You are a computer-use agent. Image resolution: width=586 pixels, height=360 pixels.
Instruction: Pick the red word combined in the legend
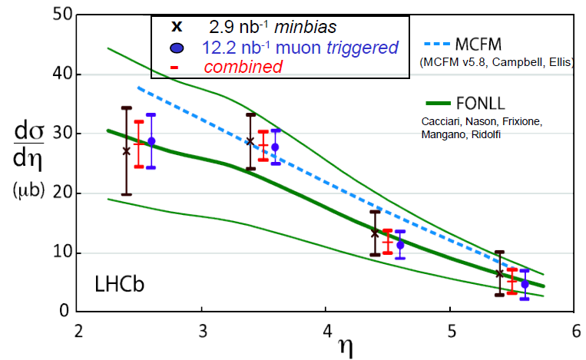pyautogui.click(x=243, y=67)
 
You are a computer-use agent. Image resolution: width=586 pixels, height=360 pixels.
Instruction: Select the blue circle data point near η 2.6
pyautogui.click(x=151, y=141)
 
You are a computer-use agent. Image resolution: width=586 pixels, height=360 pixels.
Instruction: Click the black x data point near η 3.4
pyautogui.click(x=250, y=141)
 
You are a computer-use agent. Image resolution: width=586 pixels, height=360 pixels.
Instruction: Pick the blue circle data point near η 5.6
pyautogui.click(x=525, y=284)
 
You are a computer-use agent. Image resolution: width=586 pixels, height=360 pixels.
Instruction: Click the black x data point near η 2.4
pyautogui.click(x=127, y=151)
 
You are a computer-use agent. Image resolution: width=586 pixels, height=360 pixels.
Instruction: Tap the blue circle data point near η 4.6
pyautogui.click(x=400, y=245)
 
